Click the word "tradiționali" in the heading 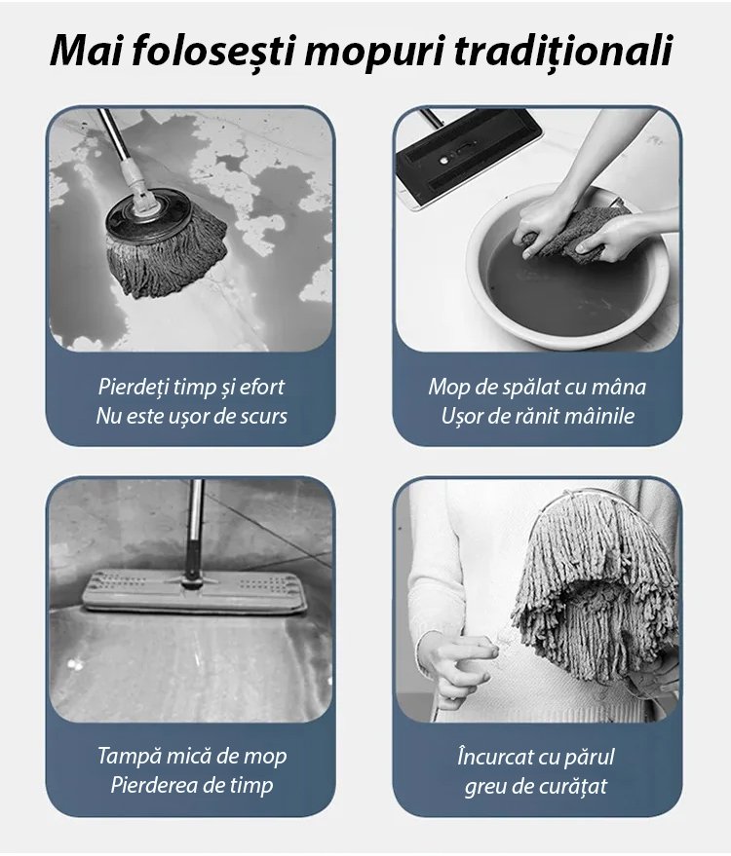click(562, 52)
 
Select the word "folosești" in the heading click(213, 52)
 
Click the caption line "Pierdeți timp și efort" click(191, 387)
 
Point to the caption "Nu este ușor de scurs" click(191, 416)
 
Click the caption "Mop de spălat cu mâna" click(537, 387)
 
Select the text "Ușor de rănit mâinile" click(538, 416)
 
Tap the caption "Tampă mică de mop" click(192, 756)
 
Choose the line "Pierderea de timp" click(192, 785)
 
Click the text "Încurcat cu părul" click(536, 758)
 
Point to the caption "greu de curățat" click(535, 787)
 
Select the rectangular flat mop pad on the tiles click(193, 592)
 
